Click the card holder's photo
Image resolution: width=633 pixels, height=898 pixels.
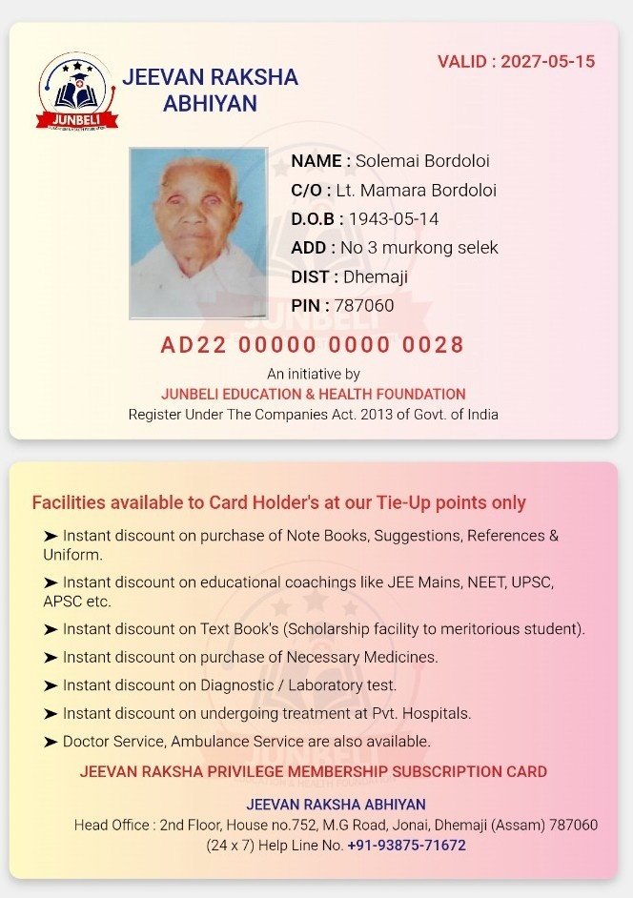198,233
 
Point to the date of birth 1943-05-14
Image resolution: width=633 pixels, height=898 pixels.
393,219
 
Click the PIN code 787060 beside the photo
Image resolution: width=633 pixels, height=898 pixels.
363,306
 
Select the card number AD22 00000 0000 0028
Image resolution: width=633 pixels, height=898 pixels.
313,345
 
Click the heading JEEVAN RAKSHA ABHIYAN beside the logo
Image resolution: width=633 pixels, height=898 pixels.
211,91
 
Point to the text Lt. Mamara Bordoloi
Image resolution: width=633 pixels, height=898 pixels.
417,191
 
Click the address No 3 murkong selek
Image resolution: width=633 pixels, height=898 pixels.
419,248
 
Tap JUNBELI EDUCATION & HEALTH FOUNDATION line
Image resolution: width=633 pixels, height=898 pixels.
314,394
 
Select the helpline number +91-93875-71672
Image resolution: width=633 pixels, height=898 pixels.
406,846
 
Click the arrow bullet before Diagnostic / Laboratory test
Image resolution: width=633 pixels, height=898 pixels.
51,685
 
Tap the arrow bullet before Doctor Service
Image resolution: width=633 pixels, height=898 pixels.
51,741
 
